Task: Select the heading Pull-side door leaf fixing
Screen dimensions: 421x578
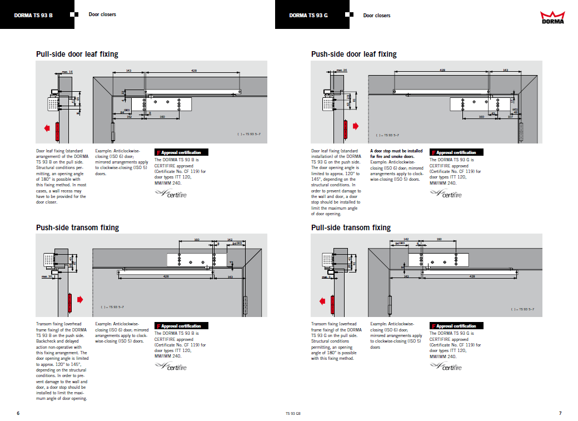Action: (77, 54)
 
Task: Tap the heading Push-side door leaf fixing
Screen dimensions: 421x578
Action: (353, 54)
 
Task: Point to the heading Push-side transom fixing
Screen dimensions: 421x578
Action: (77, 227)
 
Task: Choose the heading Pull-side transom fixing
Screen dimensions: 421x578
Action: (351, 227)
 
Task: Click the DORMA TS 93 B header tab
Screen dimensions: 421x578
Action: (34, 15)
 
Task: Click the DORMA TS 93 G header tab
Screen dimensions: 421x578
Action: (308, 15)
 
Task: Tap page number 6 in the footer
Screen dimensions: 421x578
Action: (18, 413)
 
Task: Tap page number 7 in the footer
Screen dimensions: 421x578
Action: (560, 413)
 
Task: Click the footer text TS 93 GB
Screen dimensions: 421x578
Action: (293, 414)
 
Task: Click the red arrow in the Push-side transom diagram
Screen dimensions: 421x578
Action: (80, 300)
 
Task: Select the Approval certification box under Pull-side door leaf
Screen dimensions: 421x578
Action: (181, 152)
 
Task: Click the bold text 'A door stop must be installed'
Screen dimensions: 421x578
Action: (396, 151)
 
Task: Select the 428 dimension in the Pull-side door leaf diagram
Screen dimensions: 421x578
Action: (194, 71)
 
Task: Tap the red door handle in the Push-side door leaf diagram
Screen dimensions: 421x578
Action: (345, 130)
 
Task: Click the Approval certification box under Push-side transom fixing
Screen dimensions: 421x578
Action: (181, 326)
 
